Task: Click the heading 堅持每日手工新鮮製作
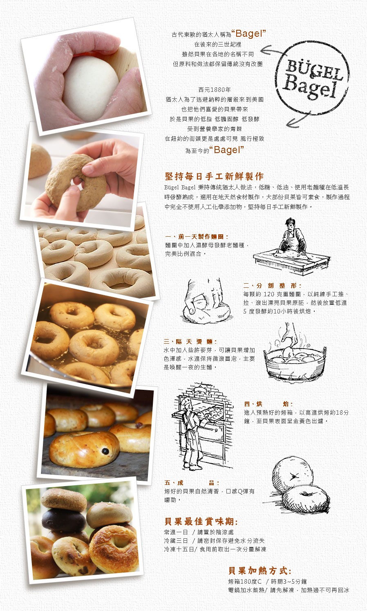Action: pos(215,176)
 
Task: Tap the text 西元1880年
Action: pos(215,90)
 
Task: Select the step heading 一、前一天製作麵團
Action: pos(197,236)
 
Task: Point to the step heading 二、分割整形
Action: pos(272,286)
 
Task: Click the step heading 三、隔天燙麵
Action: pos(190,342)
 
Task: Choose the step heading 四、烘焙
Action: pos(269,404)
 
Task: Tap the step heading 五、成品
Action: pos(192,483)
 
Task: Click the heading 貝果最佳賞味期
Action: pos(201,522)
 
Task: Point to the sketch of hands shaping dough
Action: pos(206,300)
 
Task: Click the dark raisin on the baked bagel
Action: pos(105,451)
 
